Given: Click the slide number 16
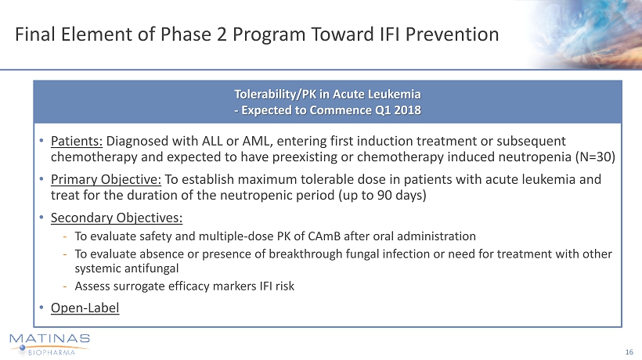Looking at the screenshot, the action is point(629,352).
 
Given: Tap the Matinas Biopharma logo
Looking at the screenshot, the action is point(49,344).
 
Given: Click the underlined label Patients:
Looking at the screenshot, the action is point(77,141).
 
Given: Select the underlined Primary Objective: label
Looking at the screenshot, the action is point(106,179).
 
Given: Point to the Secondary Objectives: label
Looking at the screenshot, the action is point(117,218).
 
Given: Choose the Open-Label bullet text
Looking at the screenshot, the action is point(85,308).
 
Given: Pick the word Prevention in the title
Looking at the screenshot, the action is point(452,34).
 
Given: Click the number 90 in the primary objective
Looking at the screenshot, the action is point(385,195).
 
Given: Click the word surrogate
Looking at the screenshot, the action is point(140,286).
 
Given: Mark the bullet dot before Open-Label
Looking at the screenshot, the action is point(41,308).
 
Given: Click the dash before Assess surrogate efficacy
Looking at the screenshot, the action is point(65,286).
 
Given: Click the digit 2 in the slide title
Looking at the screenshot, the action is point(222,34).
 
